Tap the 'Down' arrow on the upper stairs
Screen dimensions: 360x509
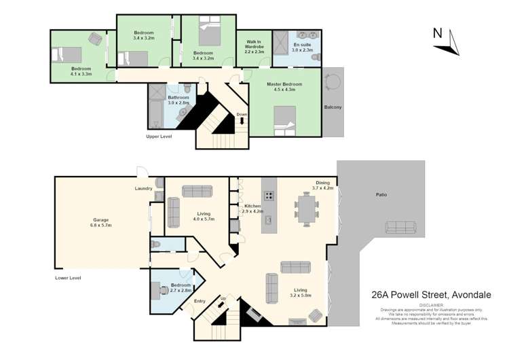(x=242, y=122)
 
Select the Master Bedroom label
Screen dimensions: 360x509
(x=284, y=86)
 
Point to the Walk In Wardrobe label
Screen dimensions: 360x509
(x=254, y=47)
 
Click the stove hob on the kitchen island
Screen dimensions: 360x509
(x=269, y=196)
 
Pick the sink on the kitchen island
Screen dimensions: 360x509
(x=269, y=219)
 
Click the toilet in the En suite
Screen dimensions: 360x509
(x=315, y=58)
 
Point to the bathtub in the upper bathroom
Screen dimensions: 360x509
(x=155, y=107)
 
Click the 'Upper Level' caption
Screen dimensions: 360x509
(x=159, y=137)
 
